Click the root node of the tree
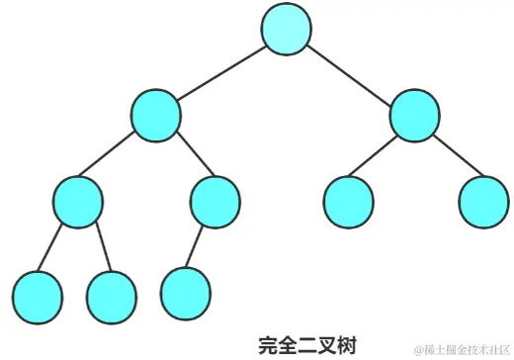pos(287,29)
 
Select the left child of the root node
pos(156,115)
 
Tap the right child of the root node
pos(414,115)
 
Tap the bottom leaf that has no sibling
pos(186,290)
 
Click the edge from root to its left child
pos(221,71)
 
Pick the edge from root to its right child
pos(350,71)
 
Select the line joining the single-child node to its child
pos(201,245)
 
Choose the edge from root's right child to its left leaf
pos(382,157)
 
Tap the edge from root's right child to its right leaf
pos(449,157)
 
